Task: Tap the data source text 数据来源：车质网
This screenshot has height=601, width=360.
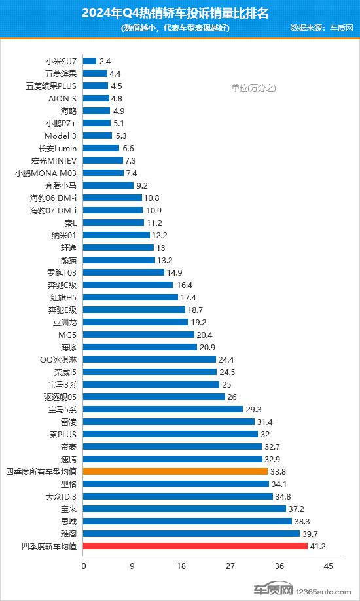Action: pos(321,28)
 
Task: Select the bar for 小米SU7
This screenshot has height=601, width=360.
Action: pos(90,61)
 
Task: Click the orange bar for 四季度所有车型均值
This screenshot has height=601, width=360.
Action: pos(175,471)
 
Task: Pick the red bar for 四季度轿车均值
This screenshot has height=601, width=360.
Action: pos(195,546)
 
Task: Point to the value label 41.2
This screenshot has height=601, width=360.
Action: pos(319,546)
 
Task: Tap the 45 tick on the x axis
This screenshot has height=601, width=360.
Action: pos(328,566)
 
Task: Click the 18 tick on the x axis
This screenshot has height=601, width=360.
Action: pos(181,566)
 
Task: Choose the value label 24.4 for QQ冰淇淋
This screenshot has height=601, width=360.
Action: pos(227,359)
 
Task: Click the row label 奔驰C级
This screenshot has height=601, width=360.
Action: pos(62,285)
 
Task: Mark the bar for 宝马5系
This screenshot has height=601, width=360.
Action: pos(163,409)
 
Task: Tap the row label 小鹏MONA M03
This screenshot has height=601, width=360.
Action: pos(46,173)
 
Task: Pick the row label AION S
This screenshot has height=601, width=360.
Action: pos(63,98)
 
